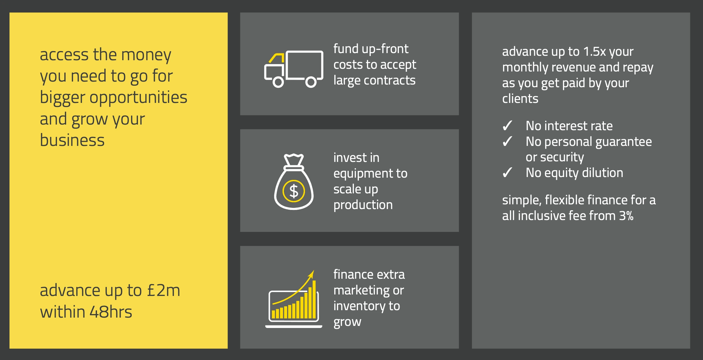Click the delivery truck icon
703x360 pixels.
294,69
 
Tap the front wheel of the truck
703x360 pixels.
278,82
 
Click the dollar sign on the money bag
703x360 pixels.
294,191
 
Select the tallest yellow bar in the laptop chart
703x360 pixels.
314,300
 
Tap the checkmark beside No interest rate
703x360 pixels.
507,126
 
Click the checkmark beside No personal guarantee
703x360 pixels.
507,141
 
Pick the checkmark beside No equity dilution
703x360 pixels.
507,173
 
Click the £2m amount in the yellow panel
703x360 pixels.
163,290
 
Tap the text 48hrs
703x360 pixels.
111,312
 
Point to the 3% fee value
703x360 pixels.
626,216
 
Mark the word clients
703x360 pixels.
520,98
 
